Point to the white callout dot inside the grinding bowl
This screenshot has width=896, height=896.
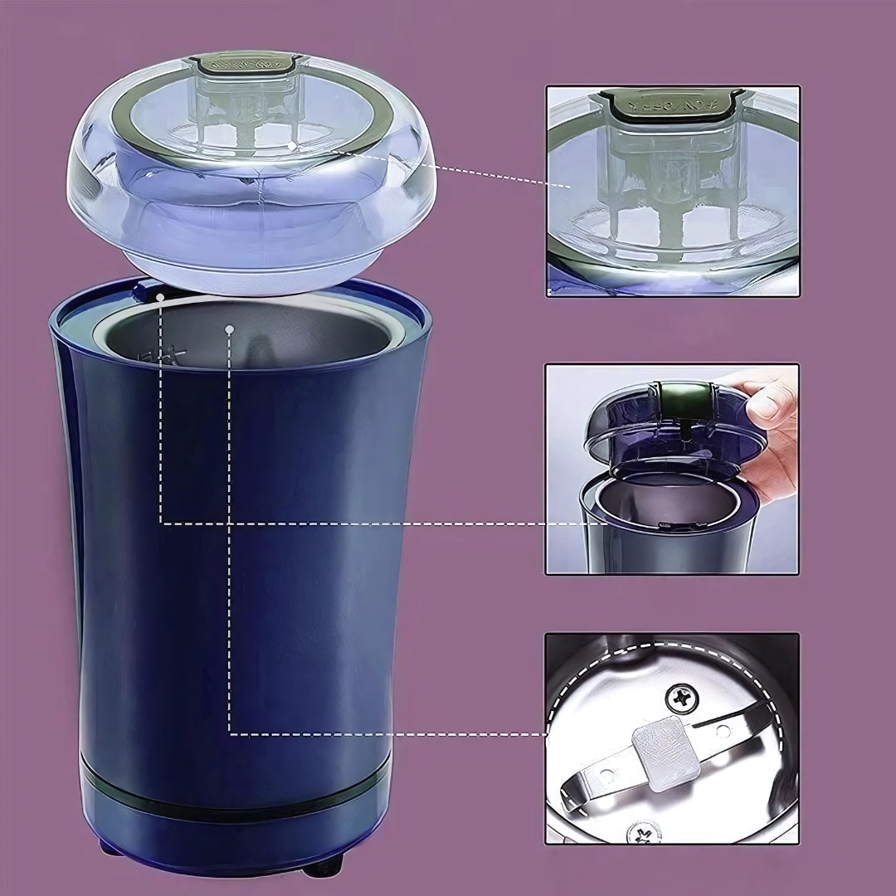pos(230,329)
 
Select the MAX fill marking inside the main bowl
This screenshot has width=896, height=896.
pos(167,355)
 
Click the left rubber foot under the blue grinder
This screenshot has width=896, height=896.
pos(109,846)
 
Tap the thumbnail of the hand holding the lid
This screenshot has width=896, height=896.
pos(672,469)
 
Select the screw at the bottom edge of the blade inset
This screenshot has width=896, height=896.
pos(645,831)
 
